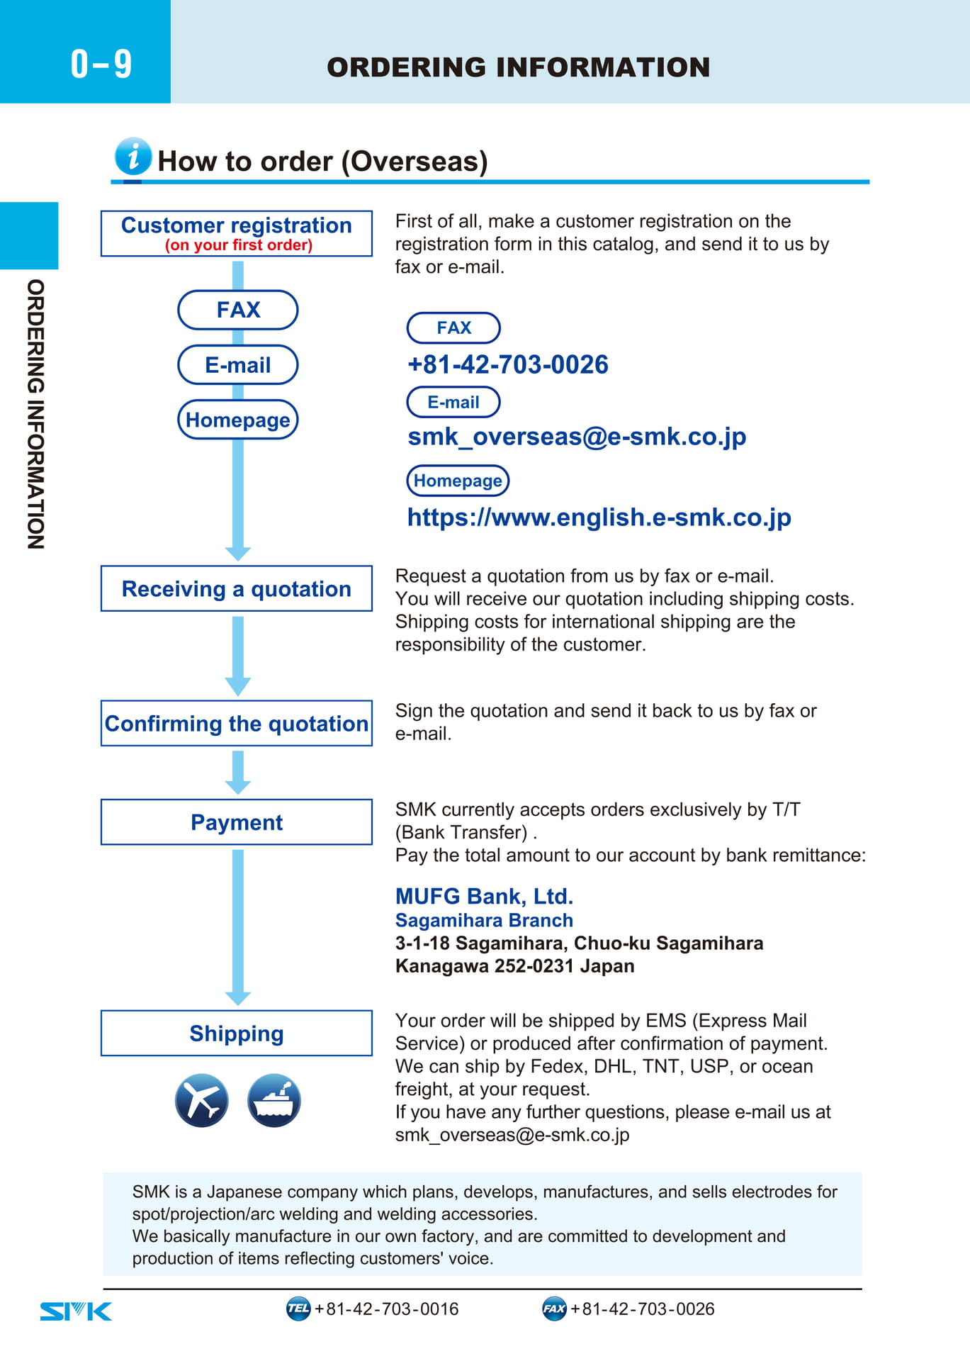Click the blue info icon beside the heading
coord(133,156)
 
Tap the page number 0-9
coord(101,64)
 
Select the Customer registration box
coord(237,233)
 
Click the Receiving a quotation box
coord(237,588)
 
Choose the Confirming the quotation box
coord(237,723)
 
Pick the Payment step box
coord(237,822)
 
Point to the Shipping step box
coord(237,1033)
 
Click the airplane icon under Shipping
coord(202,1101)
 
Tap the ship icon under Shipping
coord(274,1101)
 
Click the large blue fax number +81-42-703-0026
coord(508,364)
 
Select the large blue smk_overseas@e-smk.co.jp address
coord(577,437)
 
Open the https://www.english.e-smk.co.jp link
coord(599,517)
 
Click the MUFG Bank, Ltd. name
coord(484,897)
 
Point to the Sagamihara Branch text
coord(484,920)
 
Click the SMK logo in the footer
coord(76,1311)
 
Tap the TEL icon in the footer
coord(298,1309)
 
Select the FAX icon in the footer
coord(554,1309)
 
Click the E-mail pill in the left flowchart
coord(238,365)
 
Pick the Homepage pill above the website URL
coord(458,481)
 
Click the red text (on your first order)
coord(239,245)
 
